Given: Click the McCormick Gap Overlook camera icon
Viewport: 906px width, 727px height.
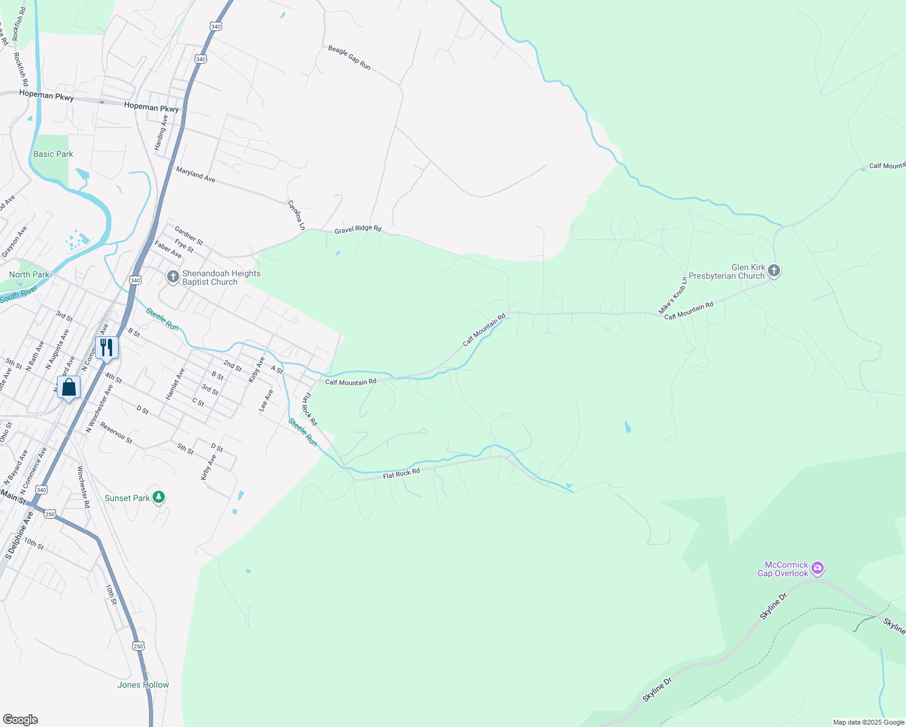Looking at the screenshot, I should point(818,568).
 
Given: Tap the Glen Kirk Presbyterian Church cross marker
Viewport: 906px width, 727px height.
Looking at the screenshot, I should point(774,271).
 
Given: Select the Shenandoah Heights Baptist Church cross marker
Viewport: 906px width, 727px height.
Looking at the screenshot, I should point(173,277).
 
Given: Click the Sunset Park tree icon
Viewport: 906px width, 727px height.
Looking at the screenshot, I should point(159,497).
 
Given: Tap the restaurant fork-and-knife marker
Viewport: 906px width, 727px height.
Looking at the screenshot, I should point(107,348).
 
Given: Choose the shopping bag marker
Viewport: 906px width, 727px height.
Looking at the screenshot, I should point(69,387).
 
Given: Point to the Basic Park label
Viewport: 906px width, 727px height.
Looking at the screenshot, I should point(53,154).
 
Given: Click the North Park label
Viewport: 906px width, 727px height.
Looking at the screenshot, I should point(29,274).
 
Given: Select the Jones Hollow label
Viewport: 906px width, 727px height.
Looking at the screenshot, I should point(143,685).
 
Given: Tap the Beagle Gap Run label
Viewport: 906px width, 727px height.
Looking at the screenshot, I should point(349,57).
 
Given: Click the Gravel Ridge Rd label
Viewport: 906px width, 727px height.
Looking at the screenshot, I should point(358,229).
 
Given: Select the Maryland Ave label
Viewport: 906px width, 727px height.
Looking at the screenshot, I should point(196,174).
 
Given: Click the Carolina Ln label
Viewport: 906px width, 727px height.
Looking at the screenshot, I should point(296,215).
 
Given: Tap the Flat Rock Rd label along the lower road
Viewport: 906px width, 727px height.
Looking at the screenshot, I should point(401,473).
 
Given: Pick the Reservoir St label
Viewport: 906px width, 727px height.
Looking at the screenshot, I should point(116,433).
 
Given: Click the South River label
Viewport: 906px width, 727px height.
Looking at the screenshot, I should point(18,294).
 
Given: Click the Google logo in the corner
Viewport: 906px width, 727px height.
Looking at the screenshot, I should point(20,719).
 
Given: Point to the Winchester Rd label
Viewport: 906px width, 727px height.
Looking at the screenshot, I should point(84,487).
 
